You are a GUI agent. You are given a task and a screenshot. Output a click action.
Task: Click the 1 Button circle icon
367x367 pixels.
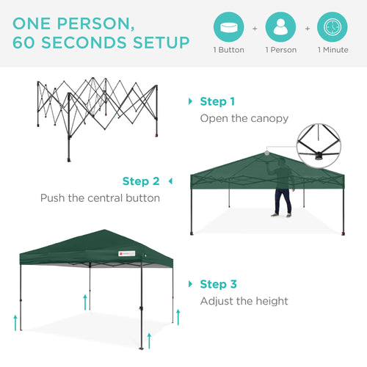click(229, 28)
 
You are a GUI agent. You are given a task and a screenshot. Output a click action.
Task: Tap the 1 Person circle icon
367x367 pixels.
click(280, 28)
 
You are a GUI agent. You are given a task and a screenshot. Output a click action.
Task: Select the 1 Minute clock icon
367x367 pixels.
click(333, 28)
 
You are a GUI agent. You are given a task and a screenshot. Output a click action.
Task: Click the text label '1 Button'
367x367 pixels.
click(229, 51)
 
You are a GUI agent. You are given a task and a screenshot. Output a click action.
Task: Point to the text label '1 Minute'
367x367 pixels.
click(333, 51)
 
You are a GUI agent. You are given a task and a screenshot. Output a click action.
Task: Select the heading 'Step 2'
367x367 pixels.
click(141, 181)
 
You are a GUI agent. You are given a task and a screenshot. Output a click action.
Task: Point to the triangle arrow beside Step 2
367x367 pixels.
click(170, 181)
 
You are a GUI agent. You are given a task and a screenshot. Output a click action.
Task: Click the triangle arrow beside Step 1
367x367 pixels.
click(191, 101)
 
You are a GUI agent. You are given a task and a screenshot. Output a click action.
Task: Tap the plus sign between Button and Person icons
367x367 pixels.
click(255, 28)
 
